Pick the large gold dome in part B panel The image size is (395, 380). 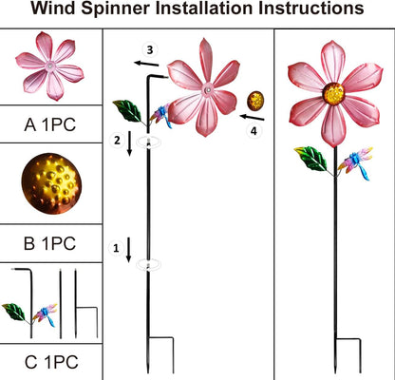click(49, 186)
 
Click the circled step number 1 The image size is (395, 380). click(116, 249)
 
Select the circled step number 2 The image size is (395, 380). click(116, 141)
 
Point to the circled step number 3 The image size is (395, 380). click(149, 48)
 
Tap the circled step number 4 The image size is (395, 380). click(254, 132)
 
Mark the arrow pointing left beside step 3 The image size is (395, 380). click(145, 63)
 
